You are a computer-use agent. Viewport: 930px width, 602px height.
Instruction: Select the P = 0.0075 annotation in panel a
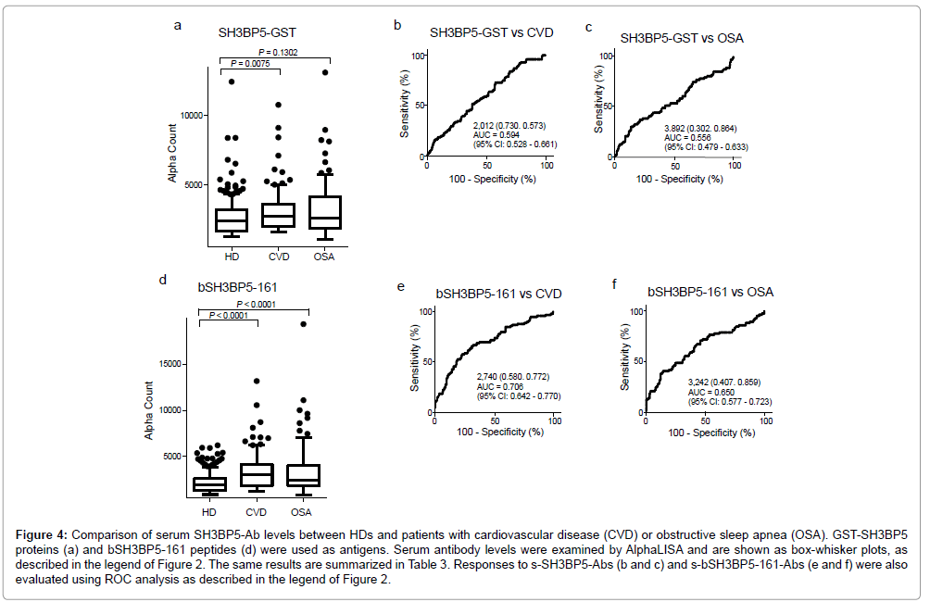coord(251,63)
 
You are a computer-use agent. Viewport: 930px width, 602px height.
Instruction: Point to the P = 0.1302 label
coord(278,52)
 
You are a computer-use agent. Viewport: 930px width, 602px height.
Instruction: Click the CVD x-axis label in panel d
coord(258,512)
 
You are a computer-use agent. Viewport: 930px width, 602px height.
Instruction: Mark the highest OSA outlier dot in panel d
coord(302,324)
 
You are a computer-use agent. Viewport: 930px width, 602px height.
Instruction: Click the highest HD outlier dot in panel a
coord(232,82)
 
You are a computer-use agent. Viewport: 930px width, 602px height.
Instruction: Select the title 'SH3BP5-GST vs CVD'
coord(491,33)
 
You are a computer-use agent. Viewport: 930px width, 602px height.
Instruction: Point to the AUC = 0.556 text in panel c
coord(667,137)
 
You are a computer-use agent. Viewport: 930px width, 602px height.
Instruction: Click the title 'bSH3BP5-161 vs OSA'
coord(710,292)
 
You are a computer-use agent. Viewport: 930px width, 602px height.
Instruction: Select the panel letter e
coord(400,287)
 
